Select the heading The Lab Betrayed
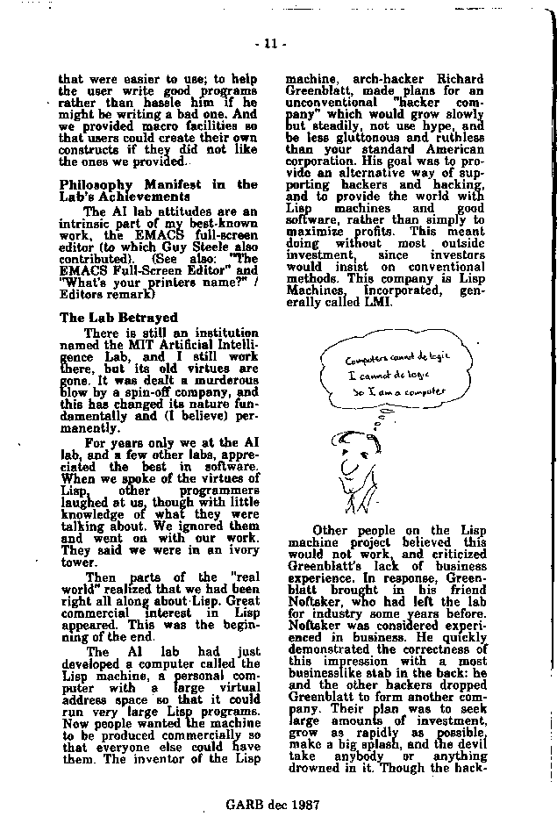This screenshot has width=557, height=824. [118, 317]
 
